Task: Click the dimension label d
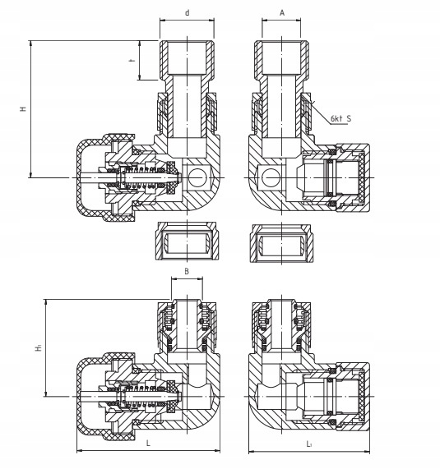point(188,13)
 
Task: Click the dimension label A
point(282,13)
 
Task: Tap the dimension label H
point(23,109)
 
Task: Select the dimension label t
point(132,61)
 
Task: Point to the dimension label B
point(187,271)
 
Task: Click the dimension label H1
point(39,347)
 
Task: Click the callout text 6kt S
point(340,118)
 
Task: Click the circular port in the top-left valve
point(197,177)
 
